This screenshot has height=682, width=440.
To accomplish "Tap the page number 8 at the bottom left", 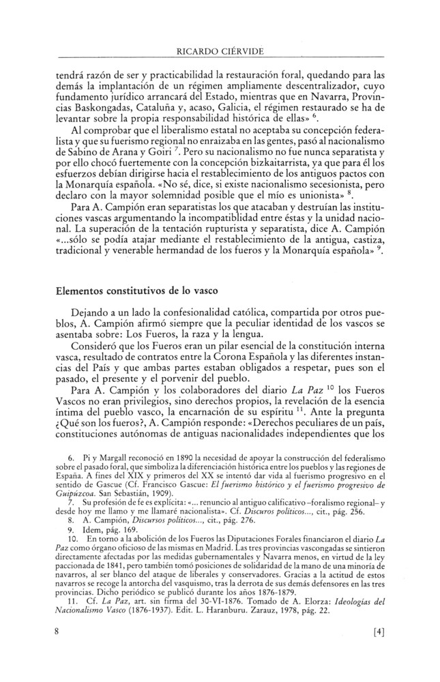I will pos(60,632).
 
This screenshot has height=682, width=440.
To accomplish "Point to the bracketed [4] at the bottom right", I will pos(375,632).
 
